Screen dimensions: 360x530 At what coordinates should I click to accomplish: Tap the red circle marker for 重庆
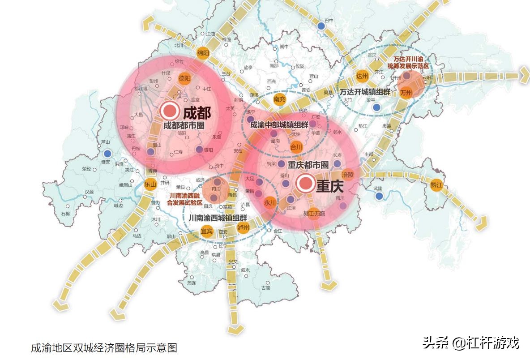pyautogui.click(x=306, y=183)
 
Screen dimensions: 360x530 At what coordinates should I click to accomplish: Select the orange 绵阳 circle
pyautogui.click(x=203, y=53)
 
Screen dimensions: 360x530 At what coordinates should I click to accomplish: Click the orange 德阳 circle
pyautogui.click(x=185, y=78)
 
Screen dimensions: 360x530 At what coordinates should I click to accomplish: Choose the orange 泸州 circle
pyautogui.click(x=243, y=227)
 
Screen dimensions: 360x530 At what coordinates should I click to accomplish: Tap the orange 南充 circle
pyautogui.click(x=279, y=99)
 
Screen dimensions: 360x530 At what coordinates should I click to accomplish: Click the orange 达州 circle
pyautogui.click(x=362, y=76)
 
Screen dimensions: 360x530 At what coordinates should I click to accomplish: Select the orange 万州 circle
pyautogui.click(x=406, y=93)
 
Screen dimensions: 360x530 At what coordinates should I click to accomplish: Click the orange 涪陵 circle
pyautogui.click(x=348, y=174)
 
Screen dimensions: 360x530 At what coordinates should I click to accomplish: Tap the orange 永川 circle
pyautogui.click(x=270, y=202)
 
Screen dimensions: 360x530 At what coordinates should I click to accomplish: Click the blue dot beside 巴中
pyautogui.click(x=321, y=27)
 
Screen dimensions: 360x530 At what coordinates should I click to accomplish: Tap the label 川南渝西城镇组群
pyautogui.click(x=218, y=218)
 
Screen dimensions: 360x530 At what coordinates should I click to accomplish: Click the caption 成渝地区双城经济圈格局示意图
pyautogui.click(x=104, y=347)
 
